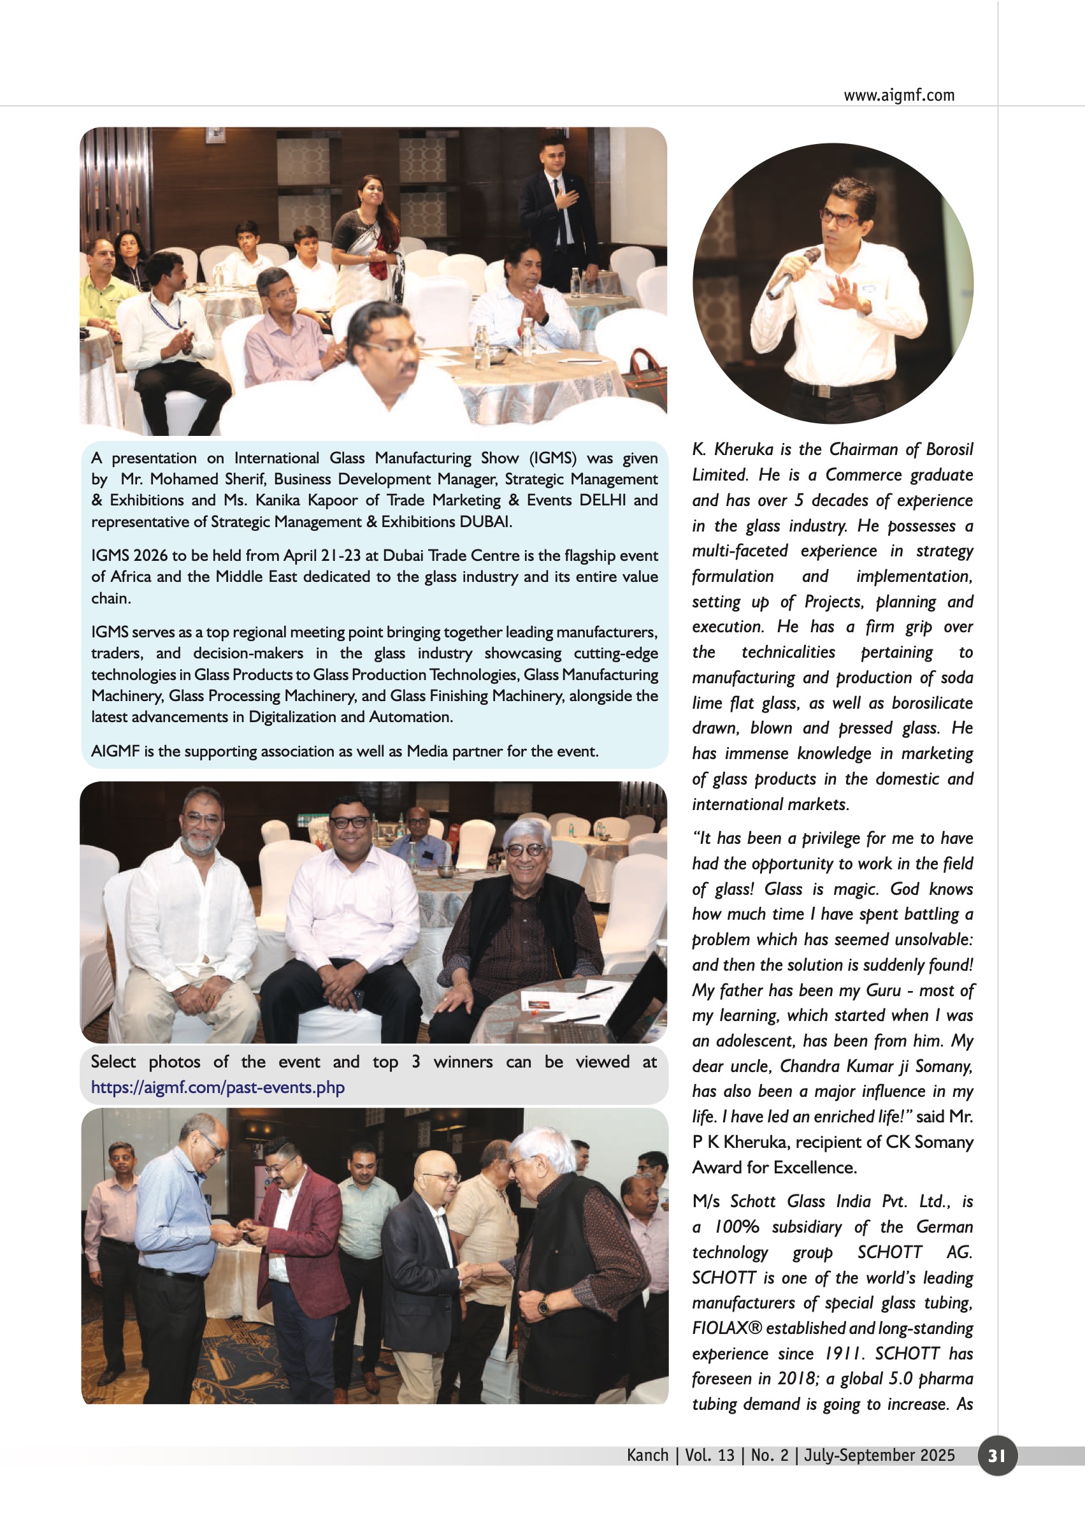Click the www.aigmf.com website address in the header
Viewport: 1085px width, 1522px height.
pyautogui.click(x=898, y=95)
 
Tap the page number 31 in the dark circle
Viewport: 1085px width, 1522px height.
pyautogui.click(x=996, y=1455)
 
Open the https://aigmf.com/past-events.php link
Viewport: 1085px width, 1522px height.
pyautogui.click(x=218, y=1087)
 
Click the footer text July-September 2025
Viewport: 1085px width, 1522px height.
pyautogui.click(x=879, y=1455)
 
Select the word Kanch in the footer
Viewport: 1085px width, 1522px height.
pyautogui.click(x=647, y=1455)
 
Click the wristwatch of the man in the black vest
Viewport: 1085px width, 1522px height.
pyautogui.click(x=544, y=1304)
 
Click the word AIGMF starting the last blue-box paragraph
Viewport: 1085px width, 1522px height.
pyautogui.click(x=115, y=751)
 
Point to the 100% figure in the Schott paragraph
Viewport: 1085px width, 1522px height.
pyautogui.click(x=737, y=1226)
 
